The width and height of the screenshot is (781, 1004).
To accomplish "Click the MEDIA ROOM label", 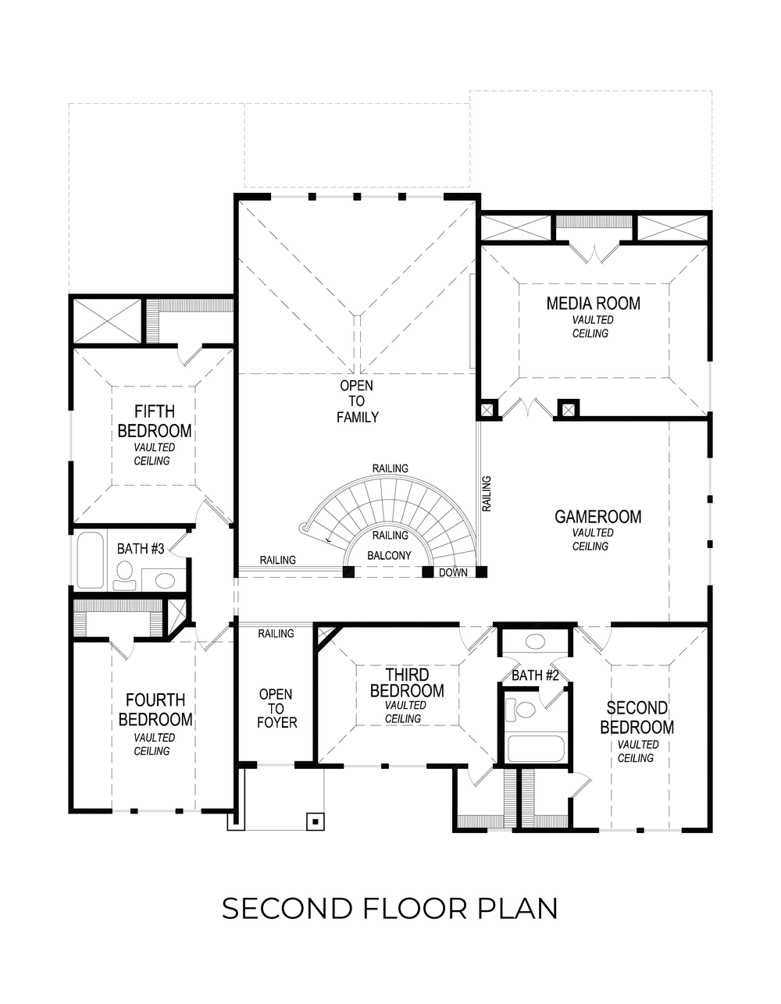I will pyautogui.click(x=593, y=304).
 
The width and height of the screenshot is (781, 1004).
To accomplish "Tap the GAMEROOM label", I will pyautogui.click(x=597, y=517).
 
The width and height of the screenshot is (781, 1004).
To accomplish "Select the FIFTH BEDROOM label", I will pyautogui.click(x=154, y=422).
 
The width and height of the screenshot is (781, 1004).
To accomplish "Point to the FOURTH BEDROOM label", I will pyautogui.click(x=155, y=710).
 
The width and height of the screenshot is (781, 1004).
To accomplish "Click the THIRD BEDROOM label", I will pyautogui.click(x=406, y=683).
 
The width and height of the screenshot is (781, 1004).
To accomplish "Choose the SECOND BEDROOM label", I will pyautogui.click(x=637, y=717).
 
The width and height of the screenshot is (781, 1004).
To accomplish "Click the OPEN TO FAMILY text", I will pyautogui.click(x=357, y=401).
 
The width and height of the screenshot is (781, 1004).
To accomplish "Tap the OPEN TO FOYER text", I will pyautogui.click(x=276, y=708).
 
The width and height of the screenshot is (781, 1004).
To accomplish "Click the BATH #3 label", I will pyautogui.click(x=140, y=549).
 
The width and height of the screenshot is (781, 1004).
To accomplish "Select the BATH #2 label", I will pyautogui.click(x=535, y=675).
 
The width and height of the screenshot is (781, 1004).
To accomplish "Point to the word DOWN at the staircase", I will pyautogui.click(x=453, y=572).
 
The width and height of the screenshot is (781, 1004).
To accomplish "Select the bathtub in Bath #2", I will pyautogui.click(x=536, y=749).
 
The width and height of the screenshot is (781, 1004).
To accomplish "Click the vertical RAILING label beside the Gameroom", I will pyautogui.click(x=487, y=493).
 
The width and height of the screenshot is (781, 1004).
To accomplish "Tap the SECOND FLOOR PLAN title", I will pyautogui.click(x=390, y=909).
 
